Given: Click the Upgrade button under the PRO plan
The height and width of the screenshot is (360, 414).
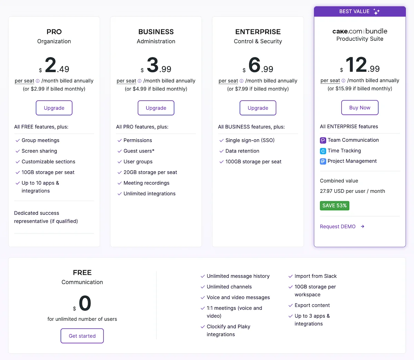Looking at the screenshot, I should click(54, 108).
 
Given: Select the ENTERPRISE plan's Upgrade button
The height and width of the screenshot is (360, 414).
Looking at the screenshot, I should click(258, 108).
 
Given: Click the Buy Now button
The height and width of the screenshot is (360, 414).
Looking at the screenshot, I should click(359, 108).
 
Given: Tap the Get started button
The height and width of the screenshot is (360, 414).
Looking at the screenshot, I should click(82, 336).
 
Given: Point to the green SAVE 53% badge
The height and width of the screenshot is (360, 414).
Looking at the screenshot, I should click(334, 206).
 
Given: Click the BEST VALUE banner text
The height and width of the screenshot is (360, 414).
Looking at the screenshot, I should click(354, 11).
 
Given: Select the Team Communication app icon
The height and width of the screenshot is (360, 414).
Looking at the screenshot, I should click(323, 140).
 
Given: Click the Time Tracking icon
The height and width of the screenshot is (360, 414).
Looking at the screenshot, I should click(323, 151).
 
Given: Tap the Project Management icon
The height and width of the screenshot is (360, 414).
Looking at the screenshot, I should click(323, 161).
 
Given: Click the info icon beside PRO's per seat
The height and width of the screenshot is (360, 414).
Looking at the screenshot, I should click(38, 81).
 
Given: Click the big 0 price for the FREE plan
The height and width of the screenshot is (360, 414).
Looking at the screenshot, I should click(85, 303).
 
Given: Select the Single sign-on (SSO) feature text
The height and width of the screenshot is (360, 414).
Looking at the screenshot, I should click(250, 140).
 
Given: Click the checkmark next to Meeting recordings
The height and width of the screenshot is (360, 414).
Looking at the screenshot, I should click(119, 183).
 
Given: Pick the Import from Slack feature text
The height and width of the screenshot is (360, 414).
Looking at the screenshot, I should click(315, 276).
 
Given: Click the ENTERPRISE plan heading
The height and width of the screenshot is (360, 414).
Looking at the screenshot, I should click(258, 32).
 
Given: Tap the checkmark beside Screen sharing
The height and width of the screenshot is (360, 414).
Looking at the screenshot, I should click(18, 151).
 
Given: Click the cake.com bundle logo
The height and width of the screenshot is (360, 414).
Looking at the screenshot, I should click(359, 31).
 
